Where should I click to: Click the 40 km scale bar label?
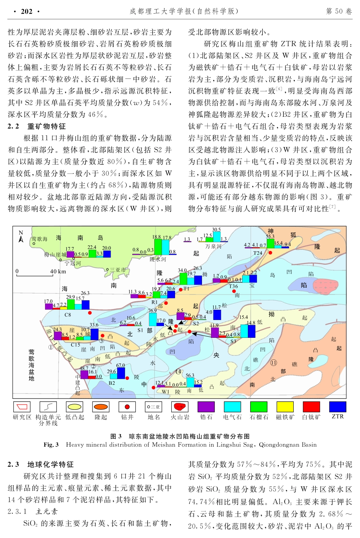pos(58,271)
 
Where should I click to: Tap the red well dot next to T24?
pos(270,253)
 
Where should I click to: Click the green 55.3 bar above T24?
pos(270,243)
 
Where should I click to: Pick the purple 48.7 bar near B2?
pos(84,375)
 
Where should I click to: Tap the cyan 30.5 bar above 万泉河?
pos(216,237)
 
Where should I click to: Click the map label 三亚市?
pos(117,270)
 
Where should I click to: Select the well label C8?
pos(67,315)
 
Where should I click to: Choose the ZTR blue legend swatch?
pos(337,407)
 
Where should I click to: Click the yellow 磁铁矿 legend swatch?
pos(285,407)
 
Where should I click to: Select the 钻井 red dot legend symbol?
pos(127,407)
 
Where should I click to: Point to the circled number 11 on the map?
pos(274,363)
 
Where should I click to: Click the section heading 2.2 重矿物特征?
pos(37,126)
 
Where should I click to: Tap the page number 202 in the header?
pos(27,11)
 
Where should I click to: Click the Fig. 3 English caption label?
pos(51,445)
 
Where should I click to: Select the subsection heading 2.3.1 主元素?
pos(33,511)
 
